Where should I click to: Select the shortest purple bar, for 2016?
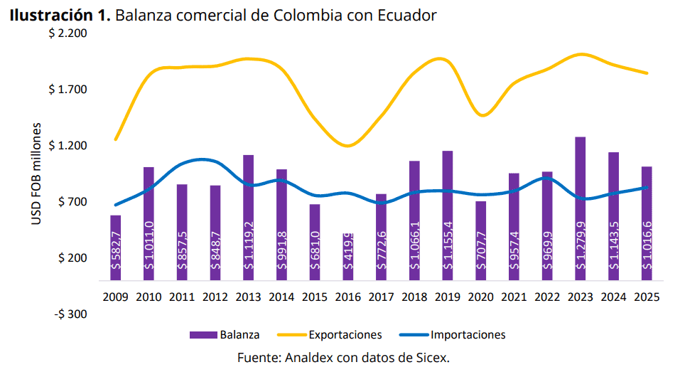pos(348,256)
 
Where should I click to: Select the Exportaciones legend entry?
pos(335,334)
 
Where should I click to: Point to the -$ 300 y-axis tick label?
pos(68,314)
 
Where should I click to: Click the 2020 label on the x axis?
pos(480,297)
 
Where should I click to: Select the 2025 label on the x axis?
pos(647,297)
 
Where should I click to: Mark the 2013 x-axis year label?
pos(248,297)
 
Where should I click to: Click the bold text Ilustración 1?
pos(60,15)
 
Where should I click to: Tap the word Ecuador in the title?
pos(407,15)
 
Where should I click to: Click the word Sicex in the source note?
pos(432,357)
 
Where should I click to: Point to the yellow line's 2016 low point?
pos(347,146)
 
